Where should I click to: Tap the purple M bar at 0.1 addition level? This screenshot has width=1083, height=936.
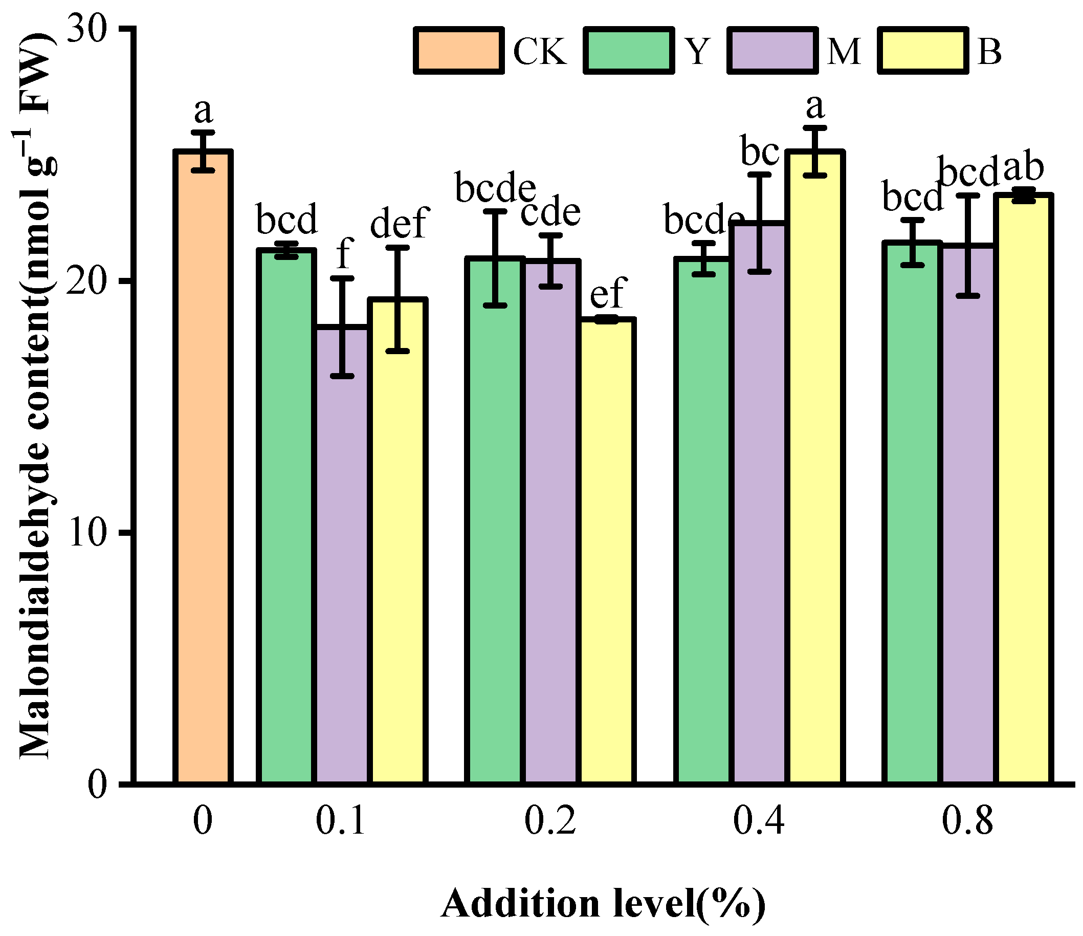[342, 554]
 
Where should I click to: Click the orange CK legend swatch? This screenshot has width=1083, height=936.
[459, 51]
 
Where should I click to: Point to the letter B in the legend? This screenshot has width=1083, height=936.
[989, 52]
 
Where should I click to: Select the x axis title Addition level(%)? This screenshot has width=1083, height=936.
[603, 904]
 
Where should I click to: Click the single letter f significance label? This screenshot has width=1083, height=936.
[344, 253]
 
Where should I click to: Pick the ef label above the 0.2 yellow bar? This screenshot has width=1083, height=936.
[608, 293]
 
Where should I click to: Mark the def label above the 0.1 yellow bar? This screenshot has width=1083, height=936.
[400, 222]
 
